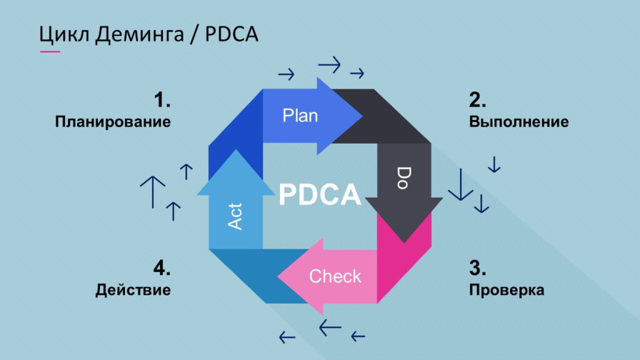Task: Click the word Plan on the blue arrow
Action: pos(300,116)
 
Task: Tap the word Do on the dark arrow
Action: pos(404,177)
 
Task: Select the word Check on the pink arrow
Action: pos(335,276)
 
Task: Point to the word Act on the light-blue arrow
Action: pos(235,216)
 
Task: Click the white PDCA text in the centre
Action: pos(320,194)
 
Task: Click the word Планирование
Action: pos(113,122)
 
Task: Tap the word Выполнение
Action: pos(519,122)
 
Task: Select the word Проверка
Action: pos(506,290)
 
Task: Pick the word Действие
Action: pos(133,290)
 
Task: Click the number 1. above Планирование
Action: pos(162,100)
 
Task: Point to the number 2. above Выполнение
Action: pos(477,100)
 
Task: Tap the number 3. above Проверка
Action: pos(477,268)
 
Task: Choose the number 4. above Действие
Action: pos(162,268)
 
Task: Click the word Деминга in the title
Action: pos(139,34)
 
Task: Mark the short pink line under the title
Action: pos(50,51)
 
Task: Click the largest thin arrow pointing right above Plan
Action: pos(329,64)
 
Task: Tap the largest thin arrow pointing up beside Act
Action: pos(152,192)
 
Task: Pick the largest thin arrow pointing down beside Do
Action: pos(461,184)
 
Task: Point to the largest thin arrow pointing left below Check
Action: pos(330,327)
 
